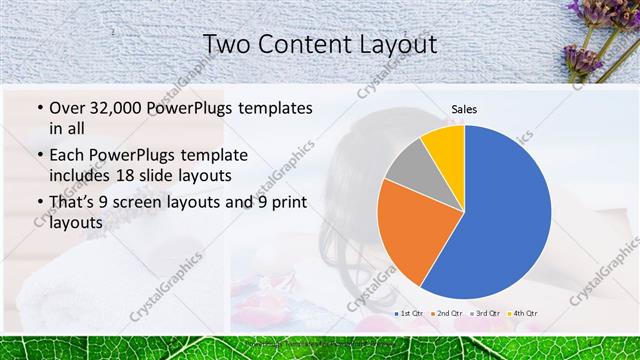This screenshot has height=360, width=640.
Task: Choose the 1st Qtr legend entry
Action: point(411,314)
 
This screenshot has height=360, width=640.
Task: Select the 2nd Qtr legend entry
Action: point(447,314)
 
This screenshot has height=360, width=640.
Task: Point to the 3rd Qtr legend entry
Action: point(484,314)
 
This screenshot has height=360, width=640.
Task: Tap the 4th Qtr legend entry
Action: point(521,314)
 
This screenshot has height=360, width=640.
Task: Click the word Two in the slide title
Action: point(226,44)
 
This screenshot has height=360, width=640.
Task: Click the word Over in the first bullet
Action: point(69,107)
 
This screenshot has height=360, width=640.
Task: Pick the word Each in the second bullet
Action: point(68,156)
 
